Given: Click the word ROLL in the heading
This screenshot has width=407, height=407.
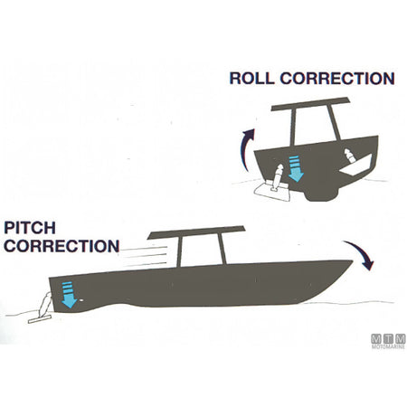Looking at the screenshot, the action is coord(251,78).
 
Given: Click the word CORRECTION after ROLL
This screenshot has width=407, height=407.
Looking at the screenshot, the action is coord(337,78).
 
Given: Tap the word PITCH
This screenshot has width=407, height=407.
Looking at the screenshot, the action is coord(30,228).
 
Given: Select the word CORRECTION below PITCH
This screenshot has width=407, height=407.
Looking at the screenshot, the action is coord(62,246).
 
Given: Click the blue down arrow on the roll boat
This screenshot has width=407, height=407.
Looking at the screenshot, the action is coord(296,169).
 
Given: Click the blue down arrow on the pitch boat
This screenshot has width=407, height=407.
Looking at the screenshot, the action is coord(69,295).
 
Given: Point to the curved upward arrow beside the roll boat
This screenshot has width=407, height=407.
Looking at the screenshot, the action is coord(246,149).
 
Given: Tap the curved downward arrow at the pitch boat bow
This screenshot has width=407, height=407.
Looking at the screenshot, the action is coord(361,253).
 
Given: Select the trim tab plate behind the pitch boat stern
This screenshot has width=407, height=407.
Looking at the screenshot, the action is coord(40,319).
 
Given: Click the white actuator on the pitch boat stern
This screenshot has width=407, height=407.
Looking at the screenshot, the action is coord(45,304).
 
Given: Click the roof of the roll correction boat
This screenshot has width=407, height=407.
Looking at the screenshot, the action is coord(310,103).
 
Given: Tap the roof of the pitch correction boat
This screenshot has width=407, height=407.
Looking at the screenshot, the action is coord(196,232).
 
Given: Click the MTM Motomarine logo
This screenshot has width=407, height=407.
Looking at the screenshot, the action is coord(388,341).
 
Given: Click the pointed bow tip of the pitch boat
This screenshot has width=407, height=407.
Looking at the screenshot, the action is coord(352,261).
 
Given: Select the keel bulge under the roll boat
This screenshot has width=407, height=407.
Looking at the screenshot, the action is coord(323,195).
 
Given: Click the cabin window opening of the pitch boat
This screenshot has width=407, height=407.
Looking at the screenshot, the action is coord(202,251).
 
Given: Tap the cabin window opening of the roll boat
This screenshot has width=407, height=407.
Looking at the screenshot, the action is coord(315,126).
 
